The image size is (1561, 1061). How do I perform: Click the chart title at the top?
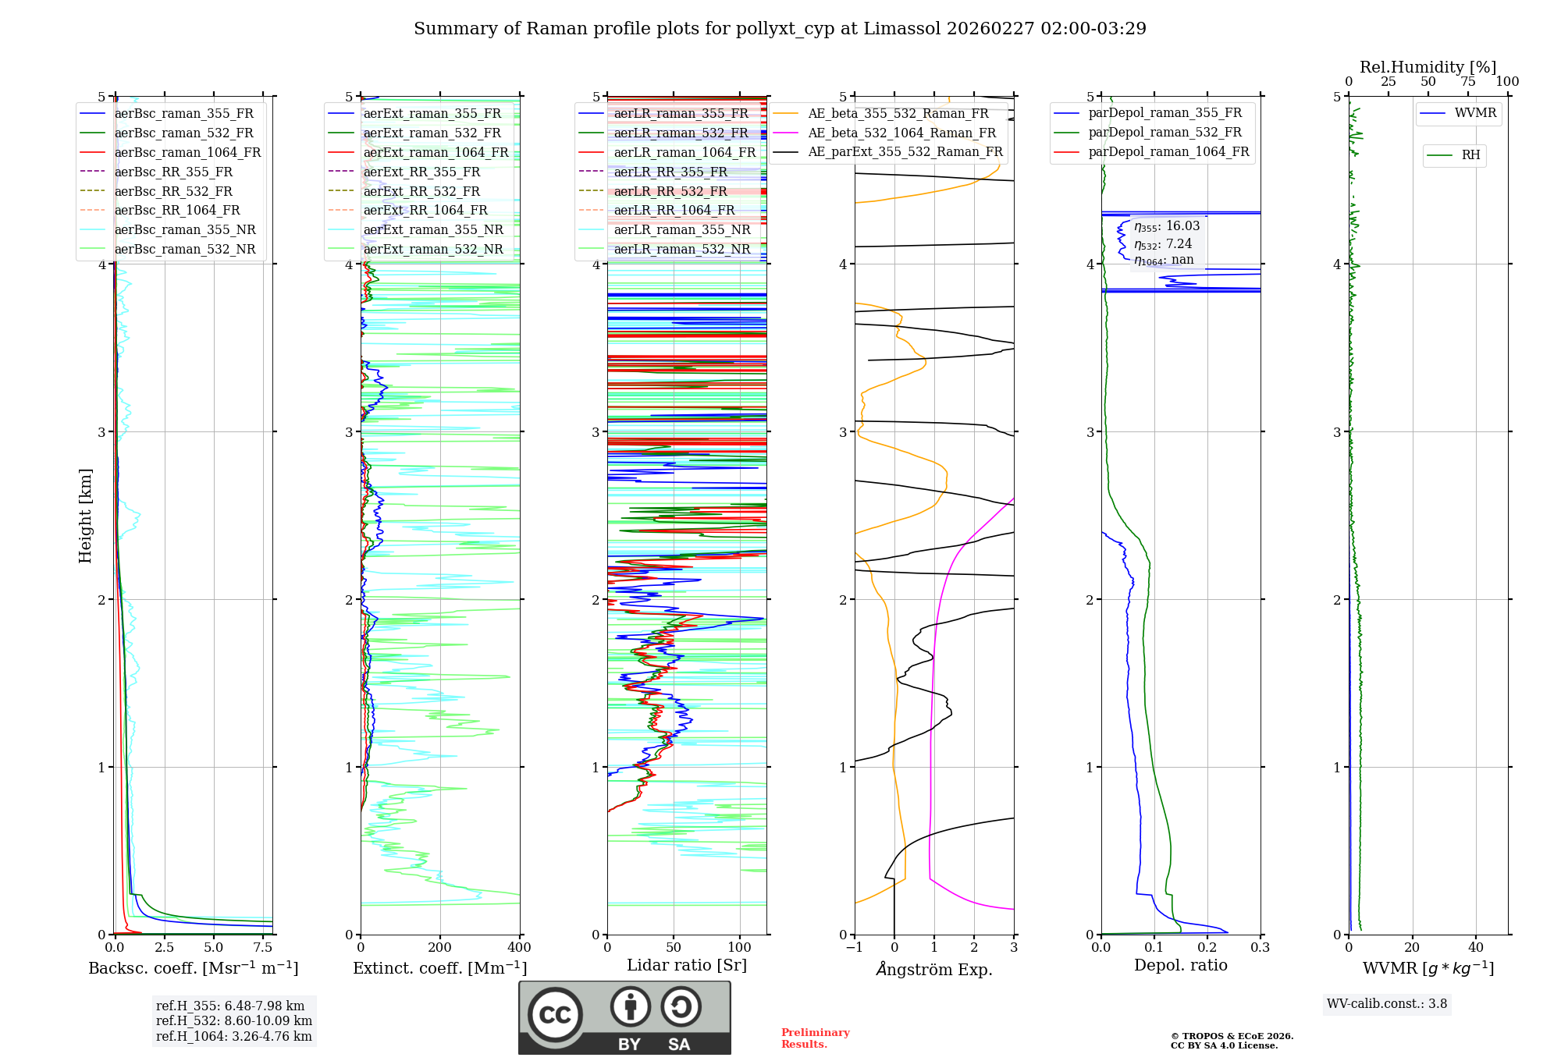[780, 29]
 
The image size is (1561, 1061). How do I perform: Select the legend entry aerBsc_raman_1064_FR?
[187, 152]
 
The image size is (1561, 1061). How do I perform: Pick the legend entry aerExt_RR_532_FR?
[421, 191]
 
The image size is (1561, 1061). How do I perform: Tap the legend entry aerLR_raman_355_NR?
[682, 229]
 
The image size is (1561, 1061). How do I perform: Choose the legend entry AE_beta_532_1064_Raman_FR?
[901, 133]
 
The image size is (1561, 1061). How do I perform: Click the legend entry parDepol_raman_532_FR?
[1165, 133]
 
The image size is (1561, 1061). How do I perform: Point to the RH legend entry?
[1470, 155]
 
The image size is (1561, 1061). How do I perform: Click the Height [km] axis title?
[85, 516]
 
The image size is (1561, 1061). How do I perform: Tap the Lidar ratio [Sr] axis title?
[687, 965]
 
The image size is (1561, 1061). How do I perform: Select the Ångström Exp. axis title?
[934, 969]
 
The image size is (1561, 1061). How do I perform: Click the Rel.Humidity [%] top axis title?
[1428, 67]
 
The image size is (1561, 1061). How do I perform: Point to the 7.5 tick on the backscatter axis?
[263, 948]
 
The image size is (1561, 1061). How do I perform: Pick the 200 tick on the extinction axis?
[440, 948]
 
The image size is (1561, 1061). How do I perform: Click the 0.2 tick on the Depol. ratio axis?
[1207, 948]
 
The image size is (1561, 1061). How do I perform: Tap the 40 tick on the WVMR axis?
[1476, 948]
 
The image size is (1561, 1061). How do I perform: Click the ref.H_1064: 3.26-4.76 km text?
[233, 1036]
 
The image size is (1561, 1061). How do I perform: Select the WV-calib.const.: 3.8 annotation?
[1387, 1004]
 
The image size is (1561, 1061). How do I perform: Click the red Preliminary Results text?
[815, 1038]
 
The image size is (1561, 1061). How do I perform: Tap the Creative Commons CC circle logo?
[555, 1015]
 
